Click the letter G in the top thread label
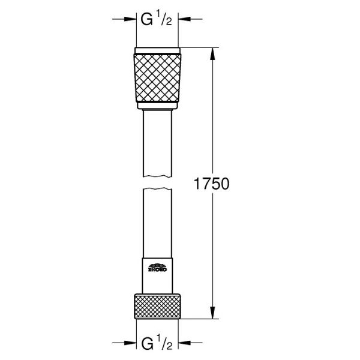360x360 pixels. (x=146, y=20)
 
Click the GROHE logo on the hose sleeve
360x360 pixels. (x=158, y=268)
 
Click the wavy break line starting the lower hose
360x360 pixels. (x=158, y=189)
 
